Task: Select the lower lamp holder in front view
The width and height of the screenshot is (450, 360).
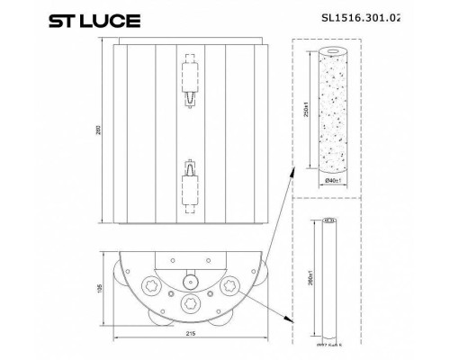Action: pyautogui.click(x=191, y=185)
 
